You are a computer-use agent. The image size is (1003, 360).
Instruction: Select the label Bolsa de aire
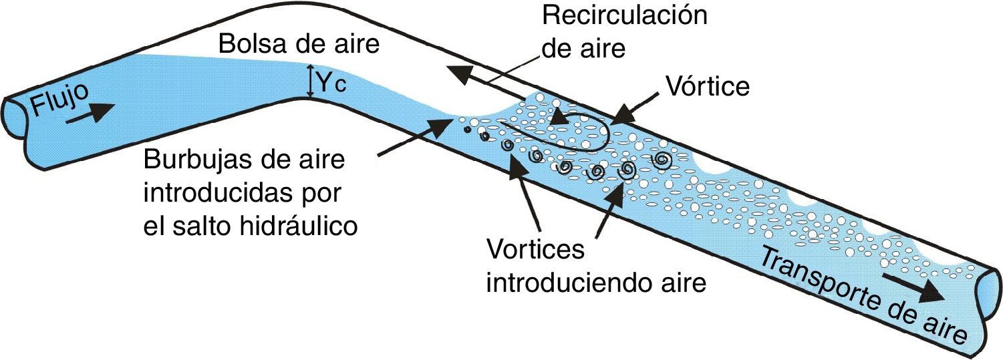click(x=299, y=45)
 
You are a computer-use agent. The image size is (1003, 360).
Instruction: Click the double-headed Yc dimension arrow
click(x=309, y=80)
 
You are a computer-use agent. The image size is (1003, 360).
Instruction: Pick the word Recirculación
click(x=624, y=15)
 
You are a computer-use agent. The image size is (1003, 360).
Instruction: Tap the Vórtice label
click(x=707, y=86)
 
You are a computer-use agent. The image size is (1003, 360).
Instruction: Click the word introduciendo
click(x=564, y=283)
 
